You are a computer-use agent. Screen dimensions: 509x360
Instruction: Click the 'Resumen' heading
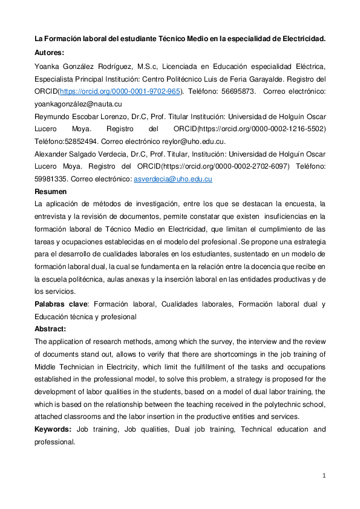tap(50, 191)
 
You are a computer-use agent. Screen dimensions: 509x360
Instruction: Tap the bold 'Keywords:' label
tap(53, 429)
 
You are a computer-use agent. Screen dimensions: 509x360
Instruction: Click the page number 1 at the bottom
tap(324, 476)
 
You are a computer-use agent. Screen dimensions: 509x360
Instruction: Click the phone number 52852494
tap(77, 141)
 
